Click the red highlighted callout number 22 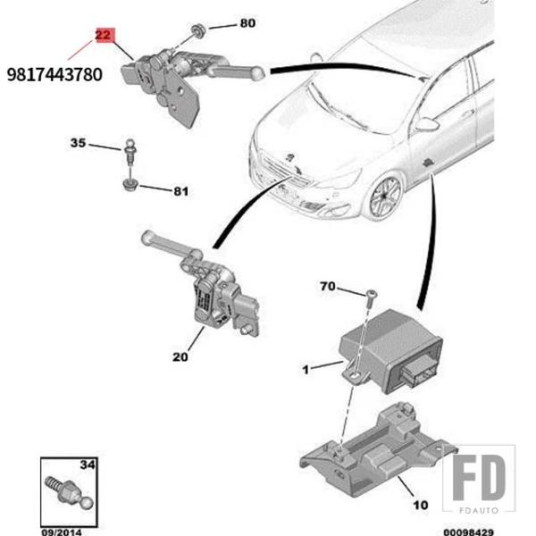pyautogui.click(x=104, y=37)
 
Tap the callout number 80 pyautogui.click(x=247, y=23)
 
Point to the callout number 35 pyautogui.click(x=79, y=143)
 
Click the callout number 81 pyautogui.click(x=181, y=190)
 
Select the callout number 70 pyautogui.click(x=328, y=288)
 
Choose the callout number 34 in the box pyautogui.click(x=87, y=464)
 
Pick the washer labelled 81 pyautogui.click(x=130, y=185)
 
